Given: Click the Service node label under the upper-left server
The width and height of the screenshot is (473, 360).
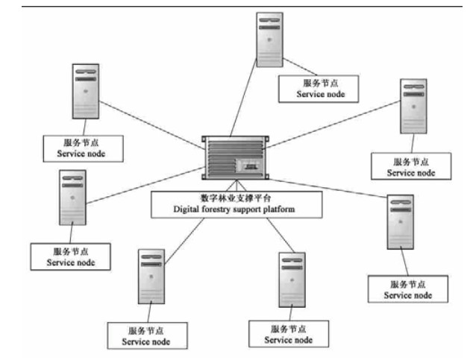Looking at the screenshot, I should pyautogui.click(x=83, y=147).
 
